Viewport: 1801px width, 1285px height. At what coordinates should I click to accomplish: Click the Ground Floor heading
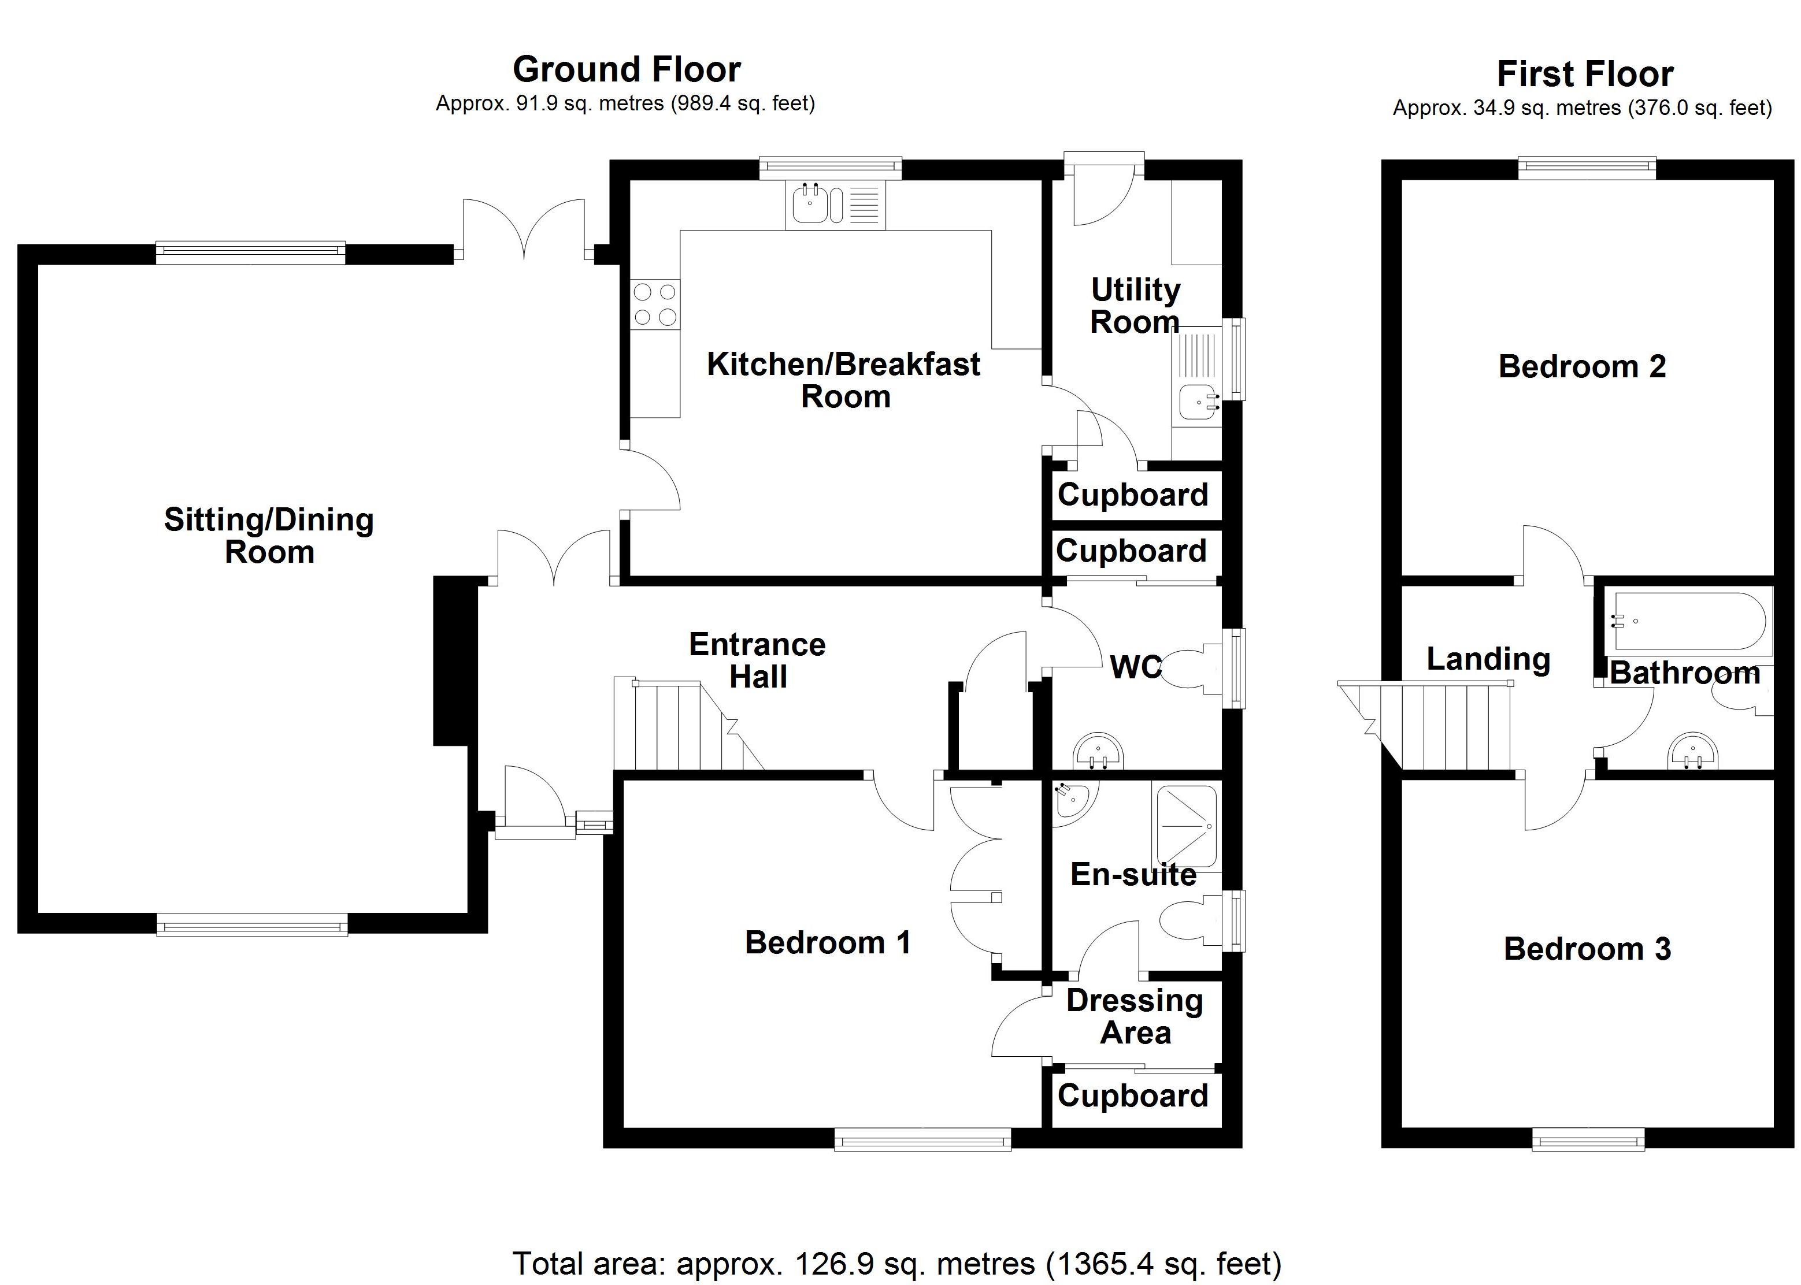626,70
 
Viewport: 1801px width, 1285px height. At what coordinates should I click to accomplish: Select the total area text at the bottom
896,1264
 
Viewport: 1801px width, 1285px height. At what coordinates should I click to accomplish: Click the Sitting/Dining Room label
269,536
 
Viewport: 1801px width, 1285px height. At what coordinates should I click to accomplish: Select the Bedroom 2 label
1582,366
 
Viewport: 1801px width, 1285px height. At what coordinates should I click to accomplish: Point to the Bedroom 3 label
1587,949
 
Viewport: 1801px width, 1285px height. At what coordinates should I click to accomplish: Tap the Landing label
1488,658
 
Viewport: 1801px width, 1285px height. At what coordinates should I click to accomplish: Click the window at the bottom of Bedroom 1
922,1140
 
